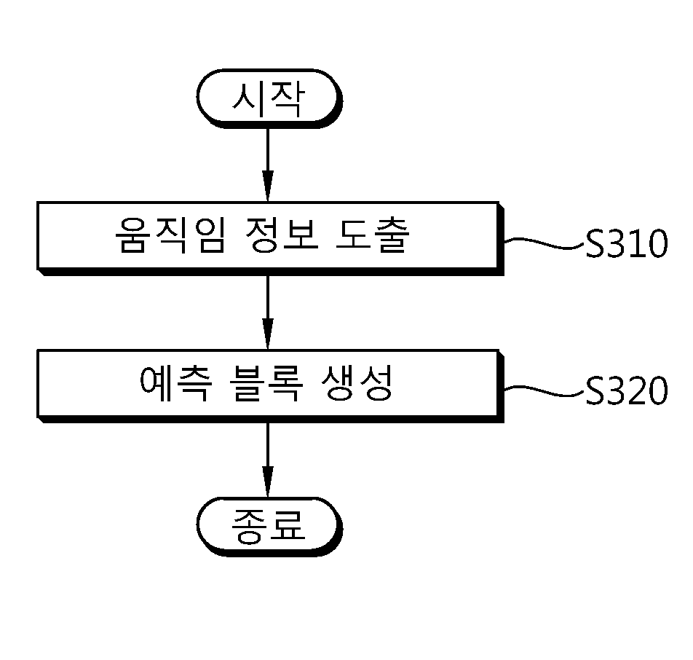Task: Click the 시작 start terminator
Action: pyautogui.click(x=269, y=98)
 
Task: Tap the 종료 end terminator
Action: pyautogui.click(x=269, y=527)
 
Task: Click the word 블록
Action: pyautogui.click(x=266, y=383)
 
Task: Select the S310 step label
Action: pyautogui.click(x=627, y=243)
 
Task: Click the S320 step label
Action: pyautogui.click(x=627, y=390)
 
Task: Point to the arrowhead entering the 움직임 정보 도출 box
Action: pyautogui.click(x=268, y=186)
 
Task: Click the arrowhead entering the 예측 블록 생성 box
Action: pyautogui.click(x=268, y=334)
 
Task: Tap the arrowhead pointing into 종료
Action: pyautogui.click(x=268, y=482)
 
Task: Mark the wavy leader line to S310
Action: pyautogui.click(x=544, y=243)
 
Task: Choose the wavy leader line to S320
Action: pyautogui.click(x=544, y=390)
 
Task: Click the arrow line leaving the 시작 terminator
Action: pyautogui.click(x=268, y=165)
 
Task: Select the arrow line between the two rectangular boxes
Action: pyautogui.click(x=268, y=313)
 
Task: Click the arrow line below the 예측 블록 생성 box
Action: pyautogui.click(x=268, y=460)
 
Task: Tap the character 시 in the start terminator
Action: pyautogui.click(x=245, y=98)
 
